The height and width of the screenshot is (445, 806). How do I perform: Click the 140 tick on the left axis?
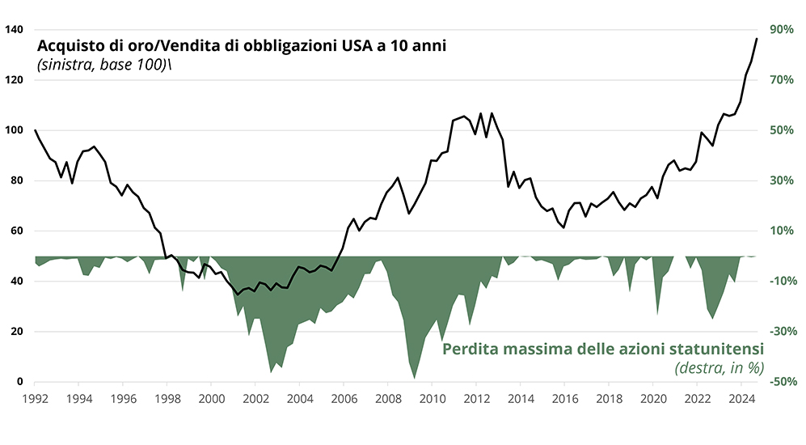[x=14, y=30]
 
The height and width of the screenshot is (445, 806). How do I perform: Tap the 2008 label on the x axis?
[x=389, y=399]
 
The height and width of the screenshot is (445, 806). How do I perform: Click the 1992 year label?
[x=34, y=399]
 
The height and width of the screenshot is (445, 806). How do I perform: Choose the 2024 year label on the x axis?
[x=743, y=399]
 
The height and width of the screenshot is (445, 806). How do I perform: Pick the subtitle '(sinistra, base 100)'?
[x=102, y=65]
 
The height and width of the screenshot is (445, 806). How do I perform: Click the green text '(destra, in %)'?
[x=719, y=368]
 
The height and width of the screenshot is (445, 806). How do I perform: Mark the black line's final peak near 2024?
[x=757, y=38]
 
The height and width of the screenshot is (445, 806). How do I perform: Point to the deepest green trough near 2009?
[x=415, y=378]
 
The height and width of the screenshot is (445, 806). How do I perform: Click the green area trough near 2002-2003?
[x=272, y=371]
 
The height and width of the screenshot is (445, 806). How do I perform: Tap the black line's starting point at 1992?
[x=36, y=130]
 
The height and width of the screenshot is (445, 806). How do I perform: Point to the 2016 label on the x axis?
[x=565, y=399]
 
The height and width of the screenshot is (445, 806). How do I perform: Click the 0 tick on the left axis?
[x=20, y=382]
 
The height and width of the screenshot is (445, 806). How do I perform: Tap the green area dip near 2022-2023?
[x=712, y=318]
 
